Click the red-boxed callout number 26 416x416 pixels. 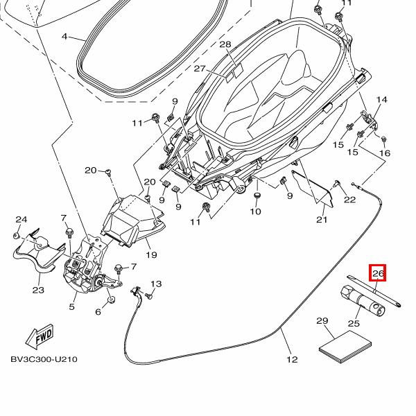[378, 273]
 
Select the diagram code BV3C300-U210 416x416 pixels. [44, 360]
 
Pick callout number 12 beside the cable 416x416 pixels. [292, 359]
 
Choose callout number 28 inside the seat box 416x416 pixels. [225, 44]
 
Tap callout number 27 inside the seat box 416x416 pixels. [200, 69]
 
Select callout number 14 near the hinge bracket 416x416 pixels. [381, 100]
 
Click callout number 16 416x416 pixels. [385, 153]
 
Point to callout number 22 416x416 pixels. [349, 200]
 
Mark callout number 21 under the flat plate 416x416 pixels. [322, 220]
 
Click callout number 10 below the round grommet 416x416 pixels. [255, 211]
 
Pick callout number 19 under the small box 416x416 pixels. [151, 254]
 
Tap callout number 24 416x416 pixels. [21, 220]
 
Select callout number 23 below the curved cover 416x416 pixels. [37, 290]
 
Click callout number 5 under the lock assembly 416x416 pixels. [71, 305]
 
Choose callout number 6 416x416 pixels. [98, 312]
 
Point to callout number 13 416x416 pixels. [156, 284]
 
